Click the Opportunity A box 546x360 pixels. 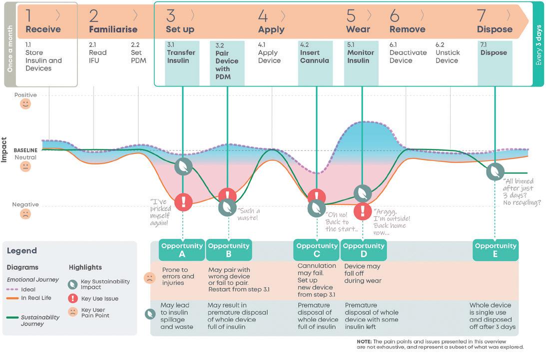[182, 250]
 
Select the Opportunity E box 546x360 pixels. [496, 250]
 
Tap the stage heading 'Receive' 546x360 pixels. [43, 29]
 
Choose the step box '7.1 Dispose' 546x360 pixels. [495, 56]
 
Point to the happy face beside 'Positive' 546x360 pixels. [25, 104]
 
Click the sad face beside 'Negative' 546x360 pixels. [25, 214]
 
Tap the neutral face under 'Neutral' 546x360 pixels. [25, 167]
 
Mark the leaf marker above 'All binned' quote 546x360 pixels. [496, 171]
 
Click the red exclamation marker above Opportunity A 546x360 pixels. [184, 201]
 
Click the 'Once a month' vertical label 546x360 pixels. [9, 44]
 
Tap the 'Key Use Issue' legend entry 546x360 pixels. [99, 298]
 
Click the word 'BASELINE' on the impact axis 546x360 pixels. [25, 150]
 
